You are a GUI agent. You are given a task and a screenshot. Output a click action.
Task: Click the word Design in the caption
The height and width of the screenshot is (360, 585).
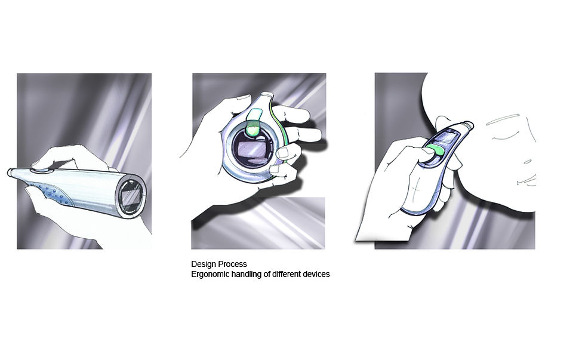(x=204, y=264)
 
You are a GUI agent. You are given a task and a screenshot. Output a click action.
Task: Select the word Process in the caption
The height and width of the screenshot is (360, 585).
(x=233, y=264)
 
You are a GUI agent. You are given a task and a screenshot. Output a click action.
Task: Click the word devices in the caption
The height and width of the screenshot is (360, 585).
(x=317, y=274)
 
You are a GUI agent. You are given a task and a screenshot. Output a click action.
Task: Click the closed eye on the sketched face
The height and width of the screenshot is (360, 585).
(x=504, y=136)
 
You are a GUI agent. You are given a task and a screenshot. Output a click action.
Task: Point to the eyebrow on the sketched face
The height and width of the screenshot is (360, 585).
(x=503, y=119)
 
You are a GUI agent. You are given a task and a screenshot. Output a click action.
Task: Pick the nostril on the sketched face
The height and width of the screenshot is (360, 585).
(x=527, y=162)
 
